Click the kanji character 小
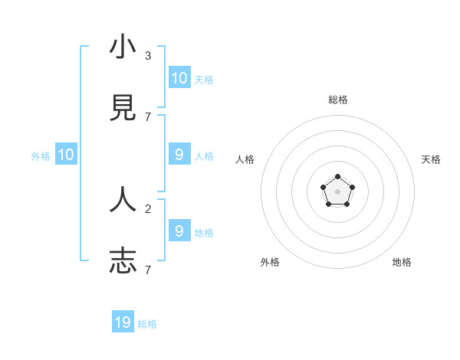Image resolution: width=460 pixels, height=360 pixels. [x=123, y=47]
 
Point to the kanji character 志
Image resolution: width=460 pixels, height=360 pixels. [x=123, y=260]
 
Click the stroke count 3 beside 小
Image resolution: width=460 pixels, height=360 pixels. [x=148, y=56]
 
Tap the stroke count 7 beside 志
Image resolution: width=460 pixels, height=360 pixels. [x=148, y=270]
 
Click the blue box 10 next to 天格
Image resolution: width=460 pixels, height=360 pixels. [x=179, y=77]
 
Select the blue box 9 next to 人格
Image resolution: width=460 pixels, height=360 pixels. [x=179, y=155]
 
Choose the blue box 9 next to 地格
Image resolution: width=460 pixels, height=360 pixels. [x=179, y=231]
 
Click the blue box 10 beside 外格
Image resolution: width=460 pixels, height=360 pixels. [x=66, y=155]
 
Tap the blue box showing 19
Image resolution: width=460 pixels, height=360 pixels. [x=123, y=322]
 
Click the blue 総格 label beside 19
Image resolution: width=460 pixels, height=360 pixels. [x=147, y=323]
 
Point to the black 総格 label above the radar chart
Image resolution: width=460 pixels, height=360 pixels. [x=338, y=100]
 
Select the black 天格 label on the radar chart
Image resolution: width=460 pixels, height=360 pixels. [x=431, y=159]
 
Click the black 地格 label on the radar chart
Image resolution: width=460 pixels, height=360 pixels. [x=402, y=262]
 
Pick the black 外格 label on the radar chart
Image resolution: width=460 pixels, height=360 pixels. [x=270, y=262]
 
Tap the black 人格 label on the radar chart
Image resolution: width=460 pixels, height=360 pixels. [x=245, y=159]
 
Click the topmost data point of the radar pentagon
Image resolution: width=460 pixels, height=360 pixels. [x=337, y=177]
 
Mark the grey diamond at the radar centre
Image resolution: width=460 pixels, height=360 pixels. [x=337, y=191]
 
